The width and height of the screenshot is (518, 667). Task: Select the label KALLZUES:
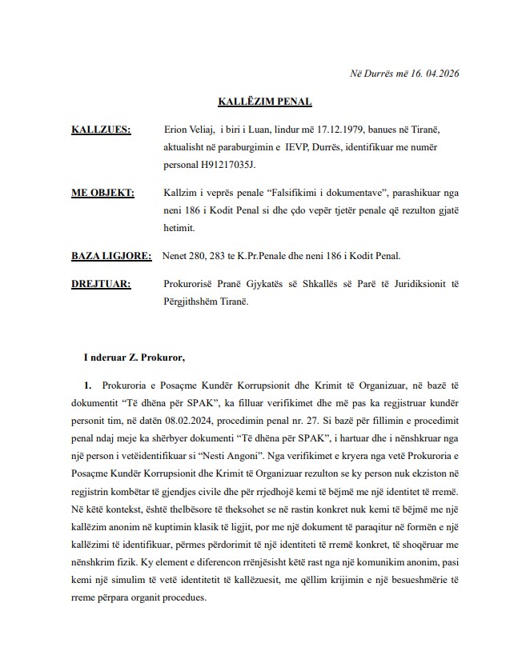(101, 130)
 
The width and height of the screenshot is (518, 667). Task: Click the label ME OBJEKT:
(102, 193)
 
